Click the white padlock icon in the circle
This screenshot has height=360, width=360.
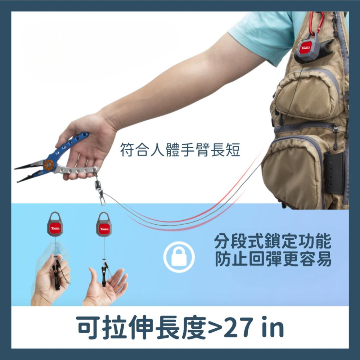click(179, 257)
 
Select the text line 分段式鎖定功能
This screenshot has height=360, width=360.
click(273, 242)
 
